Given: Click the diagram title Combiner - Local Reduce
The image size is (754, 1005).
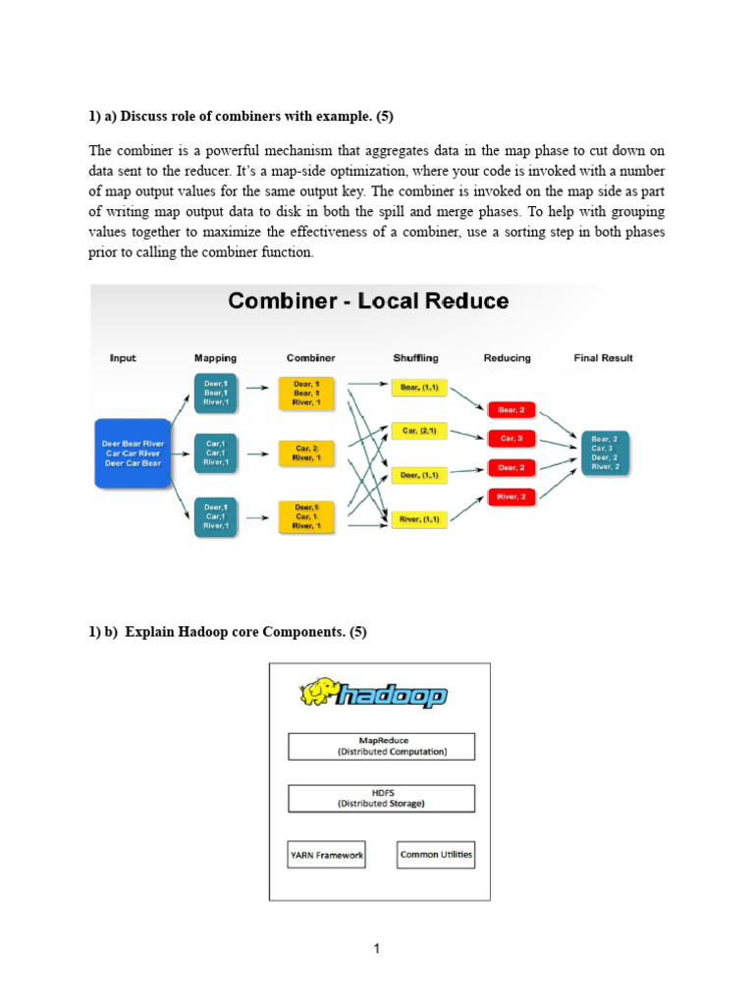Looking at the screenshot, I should (368, 300).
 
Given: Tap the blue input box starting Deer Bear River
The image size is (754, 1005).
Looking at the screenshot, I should (134, 453).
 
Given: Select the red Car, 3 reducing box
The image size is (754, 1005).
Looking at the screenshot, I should (512, 438).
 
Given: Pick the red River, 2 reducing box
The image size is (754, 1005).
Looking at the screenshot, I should (512, 498).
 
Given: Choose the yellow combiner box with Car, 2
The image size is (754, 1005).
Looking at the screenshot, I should (306, 452).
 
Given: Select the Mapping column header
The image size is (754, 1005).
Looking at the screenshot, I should (215, 358).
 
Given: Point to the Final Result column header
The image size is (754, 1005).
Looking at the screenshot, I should (603, 358).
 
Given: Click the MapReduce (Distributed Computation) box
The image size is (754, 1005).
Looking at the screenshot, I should (381, 746).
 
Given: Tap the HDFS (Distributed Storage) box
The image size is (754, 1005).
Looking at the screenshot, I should (381, 798).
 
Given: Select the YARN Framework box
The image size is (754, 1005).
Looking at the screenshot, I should (326, 855).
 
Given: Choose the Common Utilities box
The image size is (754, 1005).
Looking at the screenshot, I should (436, 854).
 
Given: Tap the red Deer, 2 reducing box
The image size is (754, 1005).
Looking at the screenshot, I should (512, 468).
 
